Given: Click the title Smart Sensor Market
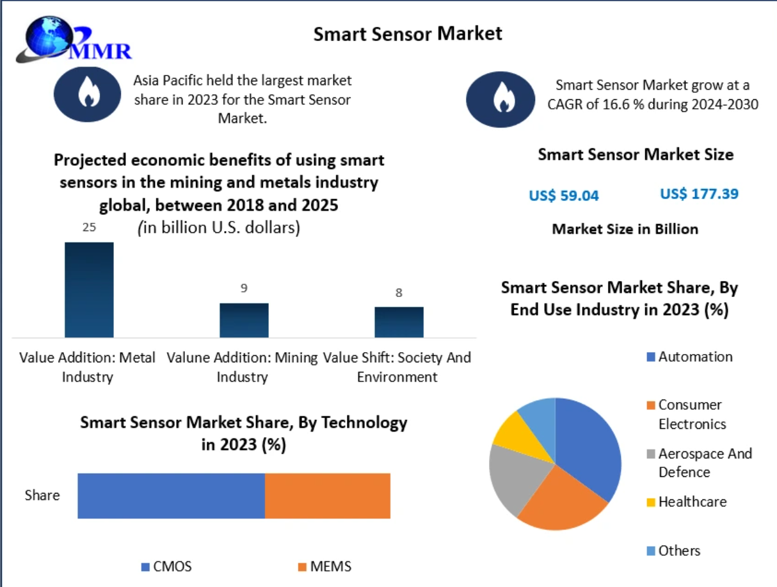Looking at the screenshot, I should [x=408, y=33].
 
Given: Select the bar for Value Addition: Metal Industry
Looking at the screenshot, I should [x=89, y=289].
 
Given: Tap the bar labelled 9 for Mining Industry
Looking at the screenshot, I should [x=244, y=320].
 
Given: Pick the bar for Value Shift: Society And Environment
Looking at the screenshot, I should [x=399, y=322].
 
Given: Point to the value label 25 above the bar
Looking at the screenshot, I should [x=89, y=227].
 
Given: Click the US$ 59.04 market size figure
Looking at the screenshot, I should [x=564, y=196].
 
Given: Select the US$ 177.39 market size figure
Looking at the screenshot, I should [x=699, y=193].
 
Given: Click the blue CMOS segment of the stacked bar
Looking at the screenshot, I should [x=171, y=496].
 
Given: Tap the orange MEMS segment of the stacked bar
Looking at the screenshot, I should [x=327, y=496].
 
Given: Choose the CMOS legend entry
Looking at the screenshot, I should [x=166, y=567].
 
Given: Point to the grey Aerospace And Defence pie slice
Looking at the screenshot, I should [x=515, y=477].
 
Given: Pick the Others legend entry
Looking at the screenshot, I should [x=673, y=551].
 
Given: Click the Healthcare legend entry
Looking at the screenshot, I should [x=685, y=501].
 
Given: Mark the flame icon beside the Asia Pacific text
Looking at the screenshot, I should [x=87, y=94].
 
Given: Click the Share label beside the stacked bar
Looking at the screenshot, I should [x=42, y=495].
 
